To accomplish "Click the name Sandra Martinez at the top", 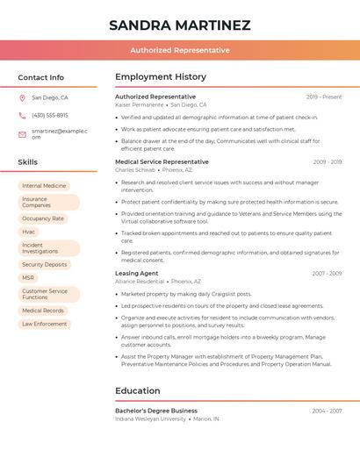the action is tap(179, 25).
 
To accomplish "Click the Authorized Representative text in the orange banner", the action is tap(179, 51).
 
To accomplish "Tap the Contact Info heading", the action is tap(41, 77).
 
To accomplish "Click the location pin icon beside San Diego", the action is tap(22, 98).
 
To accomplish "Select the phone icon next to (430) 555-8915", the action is tap(22, 115).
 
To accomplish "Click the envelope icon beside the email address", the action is tap(22, 133).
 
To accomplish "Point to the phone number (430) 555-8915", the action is tap(50, 115).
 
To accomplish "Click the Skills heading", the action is tap(28, 162).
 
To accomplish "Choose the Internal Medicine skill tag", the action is tap(44, 186).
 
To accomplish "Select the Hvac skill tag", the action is tap(29, 232).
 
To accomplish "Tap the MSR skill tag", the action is tap(29, 277).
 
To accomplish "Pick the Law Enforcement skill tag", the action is tap(45, 324).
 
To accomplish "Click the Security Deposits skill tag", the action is tap(45, 264).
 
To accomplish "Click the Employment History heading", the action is tap(161, 77).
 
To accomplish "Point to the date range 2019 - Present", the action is tap(324, 97).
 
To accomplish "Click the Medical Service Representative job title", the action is tap(162, 161).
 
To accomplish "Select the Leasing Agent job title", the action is tap(136, 273).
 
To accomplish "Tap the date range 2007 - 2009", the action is tap(327, 273).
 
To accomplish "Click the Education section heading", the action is tap(138, 390).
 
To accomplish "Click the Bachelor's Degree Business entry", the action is tap(156, 411).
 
